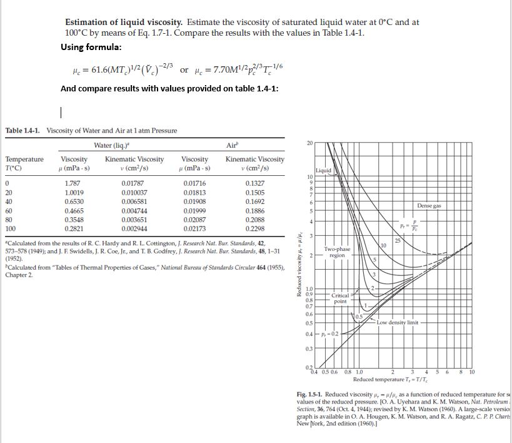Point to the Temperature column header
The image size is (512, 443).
coord(25,160)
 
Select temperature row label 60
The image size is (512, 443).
coord(9,211)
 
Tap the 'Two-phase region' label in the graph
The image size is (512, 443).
coord(337,252)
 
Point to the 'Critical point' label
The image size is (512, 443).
coord(341,298)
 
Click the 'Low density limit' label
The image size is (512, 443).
coord(401,322)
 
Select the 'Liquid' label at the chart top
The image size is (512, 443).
coord(324,170)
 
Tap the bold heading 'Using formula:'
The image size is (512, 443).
coord(91,47)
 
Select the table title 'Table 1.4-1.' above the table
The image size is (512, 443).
coord(25,130)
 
